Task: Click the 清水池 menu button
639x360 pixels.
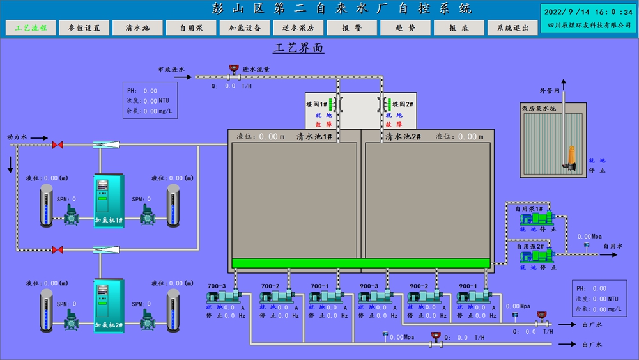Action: pos(137,28)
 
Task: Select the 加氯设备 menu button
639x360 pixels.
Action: pos(245,28)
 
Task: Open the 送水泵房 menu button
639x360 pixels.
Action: pos(298,28)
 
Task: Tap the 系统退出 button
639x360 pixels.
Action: pos(512,28)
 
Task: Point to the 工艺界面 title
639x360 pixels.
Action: pos(298,49)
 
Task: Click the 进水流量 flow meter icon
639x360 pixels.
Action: pos(233,68)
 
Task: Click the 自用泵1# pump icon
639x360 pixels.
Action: pos(536,219)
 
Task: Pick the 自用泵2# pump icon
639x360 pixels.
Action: pos(536,256)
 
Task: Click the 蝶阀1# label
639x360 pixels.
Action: pos(316,104)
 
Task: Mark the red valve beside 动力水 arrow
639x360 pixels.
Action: pos(58,145)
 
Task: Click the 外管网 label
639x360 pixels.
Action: pos(549,91)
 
